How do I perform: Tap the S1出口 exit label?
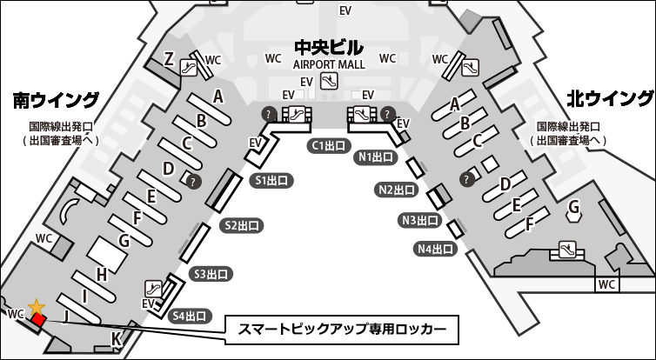pos(271,181)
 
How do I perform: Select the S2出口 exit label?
pos(242,226)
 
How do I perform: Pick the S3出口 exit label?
pos(211,274)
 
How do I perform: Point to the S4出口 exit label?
pos(190,316)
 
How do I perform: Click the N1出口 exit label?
pos(378,158)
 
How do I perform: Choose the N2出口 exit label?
pos(397,189)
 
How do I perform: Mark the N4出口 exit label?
pos(436,249)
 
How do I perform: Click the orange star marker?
pos(37,307)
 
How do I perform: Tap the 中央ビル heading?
pos(328,47)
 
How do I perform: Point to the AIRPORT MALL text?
pos(328,64)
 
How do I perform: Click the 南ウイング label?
pos(55,100)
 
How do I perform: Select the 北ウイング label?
pos(609,97)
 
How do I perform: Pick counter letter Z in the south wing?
pos(169,59)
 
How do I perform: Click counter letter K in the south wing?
pos(116,338)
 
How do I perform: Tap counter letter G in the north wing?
pos(573,208)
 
